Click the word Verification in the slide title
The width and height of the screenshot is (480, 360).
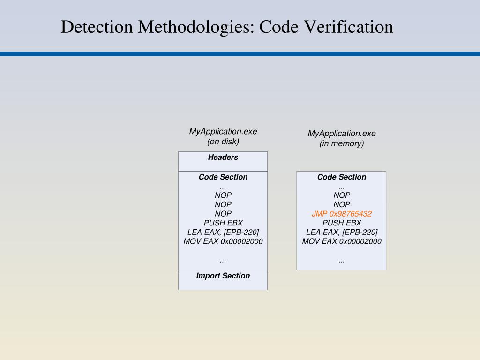point(349,27)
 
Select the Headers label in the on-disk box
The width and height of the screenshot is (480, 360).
point(223,157)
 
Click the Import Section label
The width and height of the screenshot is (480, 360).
point(223,276)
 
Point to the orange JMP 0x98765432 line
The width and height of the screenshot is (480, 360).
point(342,214)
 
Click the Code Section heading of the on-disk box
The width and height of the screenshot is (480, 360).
point(223,177)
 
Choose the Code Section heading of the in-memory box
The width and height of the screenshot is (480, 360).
point(342,177)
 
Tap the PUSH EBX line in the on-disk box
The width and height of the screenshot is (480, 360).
point(223,223)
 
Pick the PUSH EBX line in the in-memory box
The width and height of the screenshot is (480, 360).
point(342,223)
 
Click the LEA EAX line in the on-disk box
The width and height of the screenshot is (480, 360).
point(223,232)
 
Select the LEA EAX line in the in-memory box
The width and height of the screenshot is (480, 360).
point(342,232)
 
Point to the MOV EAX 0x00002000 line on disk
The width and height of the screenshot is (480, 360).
point(223,241)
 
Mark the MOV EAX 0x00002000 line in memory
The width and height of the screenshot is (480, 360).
point(342,241)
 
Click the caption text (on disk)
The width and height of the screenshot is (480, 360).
point(223,142)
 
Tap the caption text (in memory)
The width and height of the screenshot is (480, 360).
point(342,143)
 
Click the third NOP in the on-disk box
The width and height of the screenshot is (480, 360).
point(223,214)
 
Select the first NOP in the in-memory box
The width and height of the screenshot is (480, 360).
point(342,195)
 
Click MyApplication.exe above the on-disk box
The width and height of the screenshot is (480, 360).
point(223,132)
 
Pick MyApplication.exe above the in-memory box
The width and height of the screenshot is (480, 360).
point(342,134)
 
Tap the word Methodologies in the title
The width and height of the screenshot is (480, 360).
point(196,27)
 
